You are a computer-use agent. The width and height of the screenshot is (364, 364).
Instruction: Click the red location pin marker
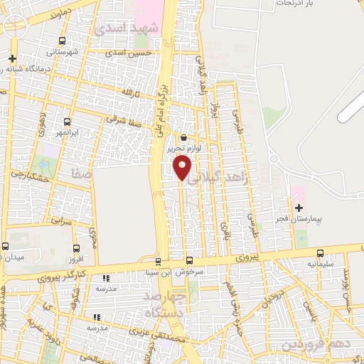[182, 168]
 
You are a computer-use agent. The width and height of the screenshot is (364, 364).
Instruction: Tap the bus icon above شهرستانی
[65, 41]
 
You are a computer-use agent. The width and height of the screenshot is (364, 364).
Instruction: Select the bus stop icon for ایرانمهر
[68, 122]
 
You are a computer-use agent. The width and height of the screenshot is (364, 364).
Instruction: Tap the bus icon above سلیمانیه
[319, 252]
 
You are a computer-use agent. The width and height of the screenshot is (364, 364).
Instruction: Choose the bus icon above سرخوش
[189, 260]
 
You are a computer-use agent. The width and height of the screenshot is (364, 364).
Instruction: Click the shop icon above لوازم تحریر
[184, 138]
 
